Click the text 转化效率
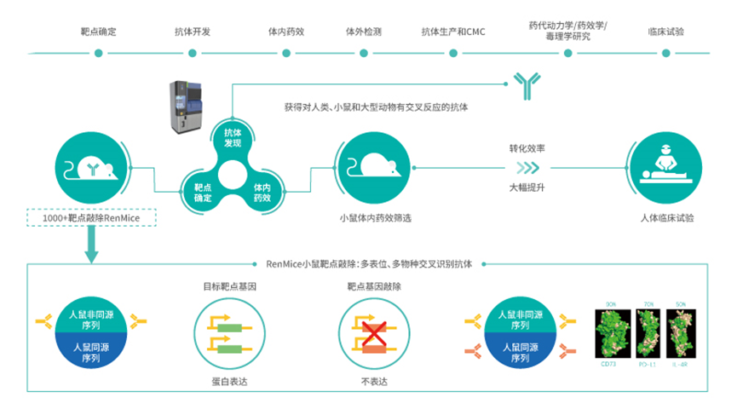point(527,149)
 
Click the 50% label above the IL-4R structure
point(680,304)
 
